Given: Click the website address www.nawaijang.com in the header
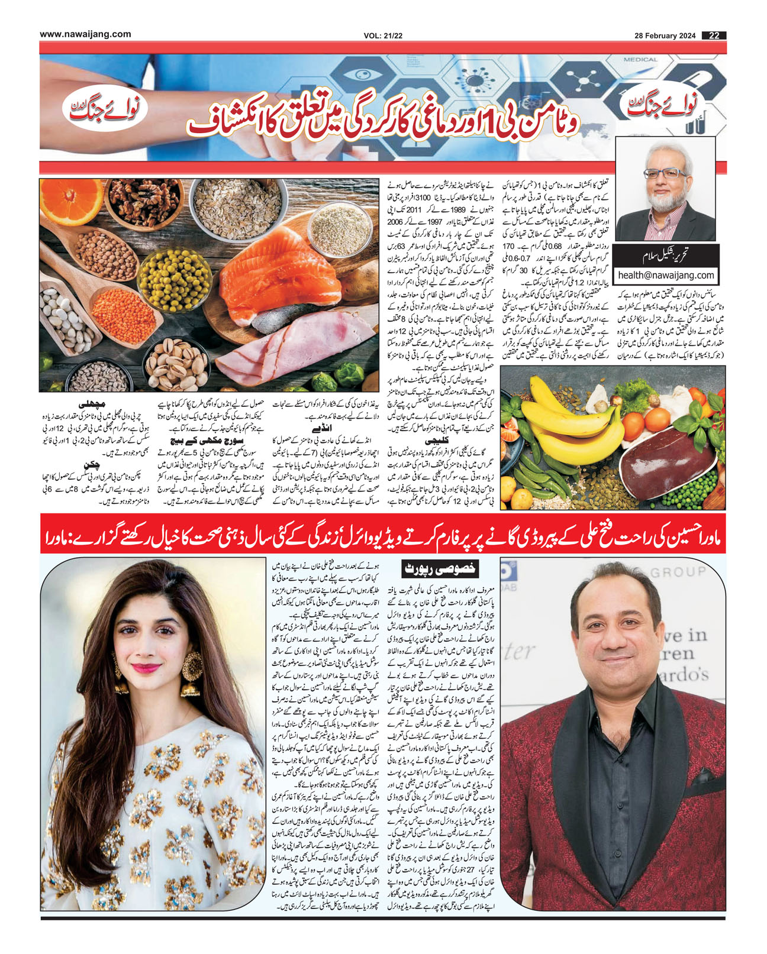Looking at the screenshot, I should point(85,34).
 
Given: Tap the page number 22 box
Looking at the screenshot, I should point(714,35).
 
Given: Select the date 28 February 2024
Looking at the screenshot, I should point(665,35).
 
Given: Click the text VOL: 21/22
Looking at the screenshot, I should point(383,36).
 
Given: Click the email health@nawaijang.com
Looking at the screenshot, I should point(666,275).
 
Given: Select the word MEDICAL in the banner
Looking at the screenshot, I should point(640,60).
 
